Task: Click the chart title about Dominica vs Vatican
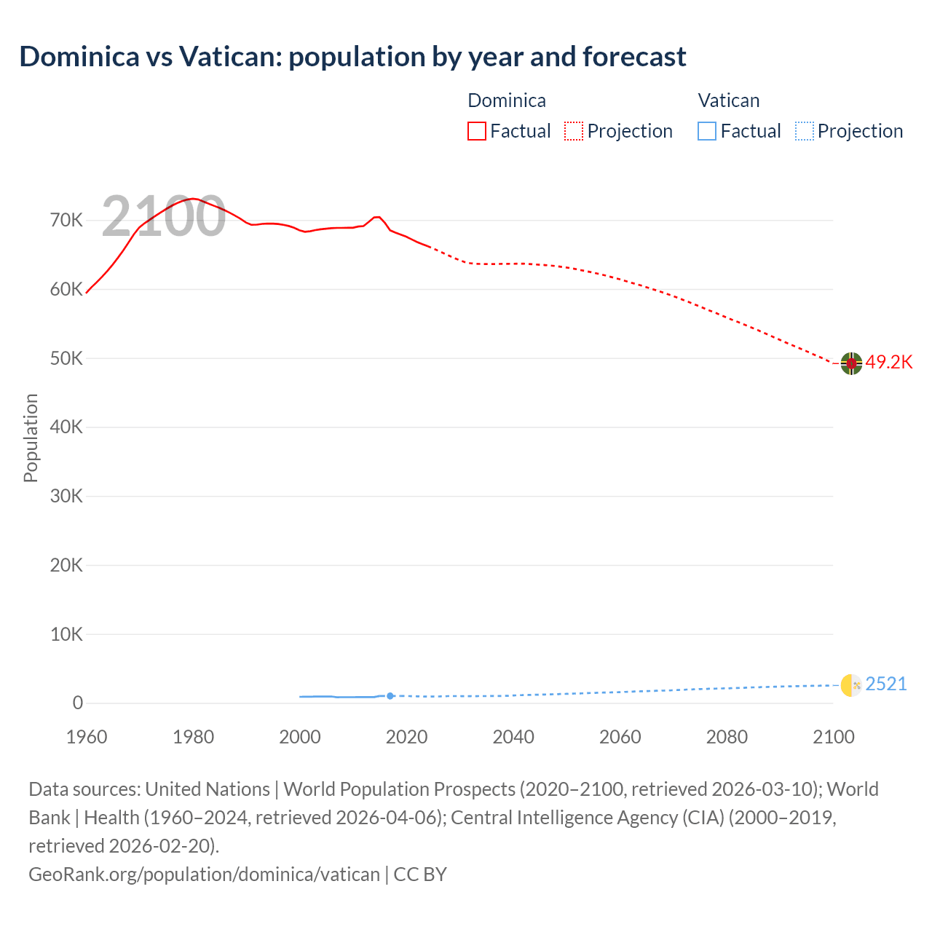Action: click(x=352, y=57)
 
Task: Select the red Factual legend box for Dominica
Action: click(x=476, y=131)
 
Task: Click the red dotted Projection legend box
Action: click(x=574, y=131)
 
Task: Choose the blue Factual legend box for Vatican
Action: click(x=706, y=131)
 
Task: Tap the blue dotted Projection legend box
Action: click(x=804, y=131)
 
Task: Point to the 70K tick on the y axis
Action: click(x=66, y=221)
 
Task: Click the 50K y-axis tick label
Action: click(x=66, y=358)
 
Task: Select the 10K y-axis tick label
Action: click(x=66, y=634)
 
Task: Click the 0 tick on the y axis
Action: click(x=77, y=703)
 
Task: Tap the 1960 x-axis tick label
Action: click(x=87, y=737)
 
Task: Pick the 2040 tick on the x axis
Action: click(x=513, y=737)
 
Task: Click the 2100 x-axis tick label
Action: click(x=833, y=737)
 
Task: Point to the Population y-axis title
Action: click(x=31, y=438)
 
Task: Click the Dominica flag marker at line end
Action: click(x=851, y=363)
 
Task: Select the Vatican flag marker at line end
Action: click(x=851, y=685)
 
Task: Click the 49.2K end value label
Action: click(x=888, y=363)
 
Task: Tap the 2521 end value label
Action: click(x=886, y=684)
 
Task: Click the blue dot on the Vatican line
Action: click(x=390, y=696)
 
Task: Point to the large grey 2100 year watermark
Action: click(x=163, y=216)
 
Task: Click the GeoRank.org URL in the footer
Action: click(x=204, y=874)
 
